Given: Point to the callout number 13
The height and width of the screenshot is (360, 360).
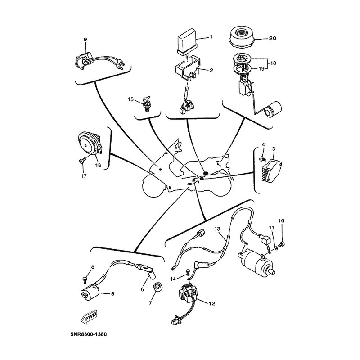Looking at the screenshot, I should tap(218, 229).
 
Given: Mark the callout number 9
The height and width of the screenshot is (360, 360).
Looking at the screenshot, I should tap(85, 40).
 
